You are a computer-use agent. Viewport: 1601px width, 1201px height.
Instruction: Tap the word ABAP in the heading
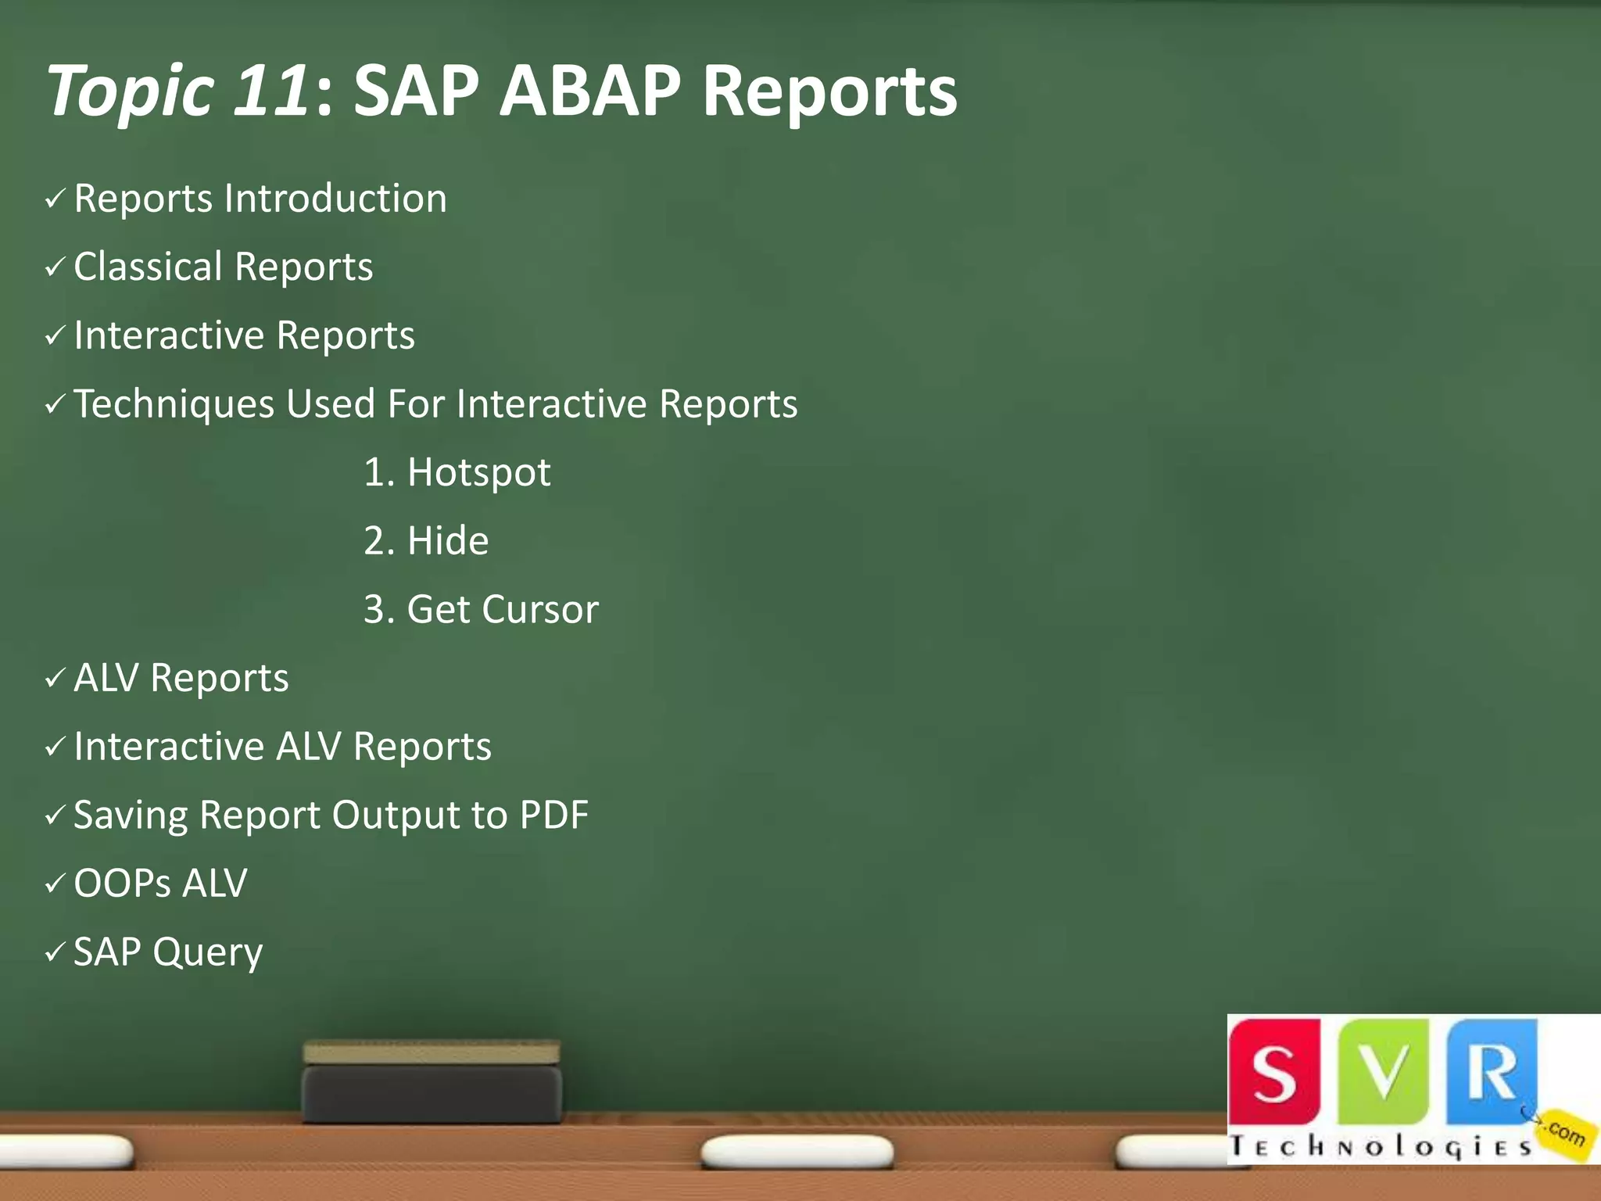coord(590,91)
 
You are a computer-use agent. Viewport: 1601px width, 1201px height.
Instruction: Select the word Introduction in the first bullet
coord(335,198)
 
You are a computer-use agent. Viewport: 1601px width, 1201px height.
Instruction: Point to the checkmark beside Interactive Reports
coord(55,336)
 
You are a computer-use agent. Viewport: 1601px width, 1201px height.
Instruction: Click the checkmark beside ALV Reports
coord(55,678)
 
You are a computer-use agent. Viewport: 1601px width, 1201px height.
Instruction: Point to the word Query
coord(208,953)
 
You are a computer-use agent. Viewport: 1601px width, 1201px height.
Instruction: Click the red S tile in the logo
coord(1274,1071)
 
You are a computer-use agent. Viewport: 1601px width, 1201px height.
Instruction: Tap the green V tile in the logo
coord(1384,1071)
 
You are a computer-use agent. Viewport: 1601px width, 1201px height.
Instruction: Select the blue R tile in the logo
coord(1492,1071)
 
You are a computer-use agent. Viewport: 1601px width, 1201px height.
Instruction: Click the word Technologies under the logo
coord(1380,1146)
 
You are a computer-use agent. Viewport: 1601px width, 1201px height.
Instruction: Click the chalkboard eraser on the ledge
coord(432,1082)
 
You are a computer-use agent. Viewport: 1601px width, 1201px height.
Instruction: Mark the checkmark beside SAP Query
coord(55,952)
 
